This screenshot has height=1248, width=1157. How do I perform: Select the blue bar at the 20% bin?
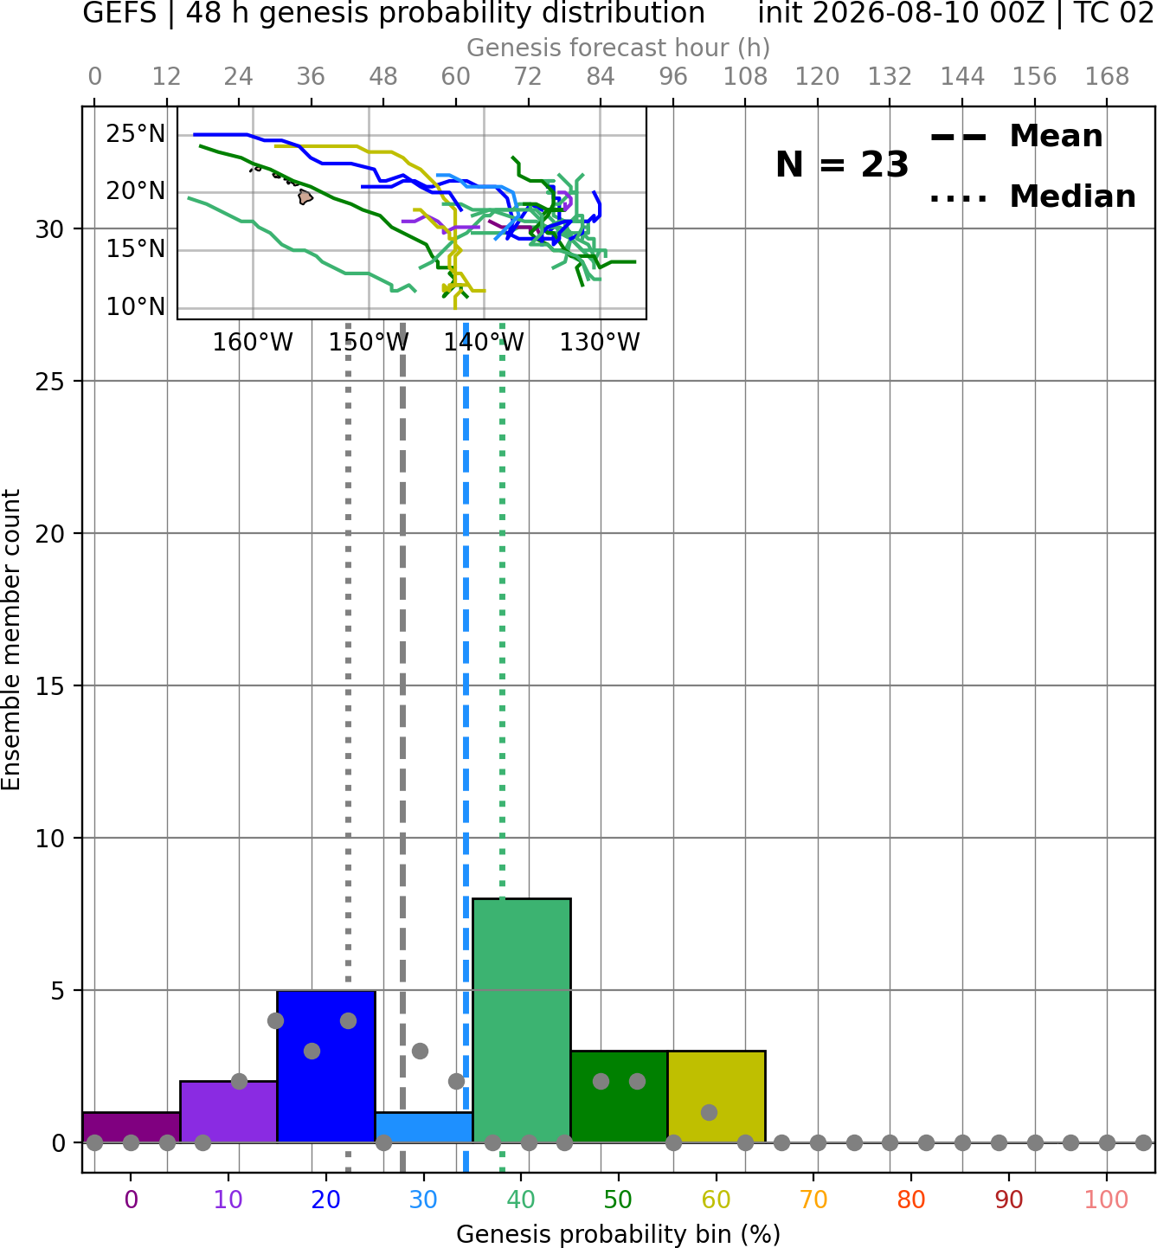pyautogui.click(x=326, y=1066)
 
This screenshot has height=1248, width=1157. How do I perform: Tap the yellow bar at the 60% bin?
pyautogui.click(x=717, y=1097)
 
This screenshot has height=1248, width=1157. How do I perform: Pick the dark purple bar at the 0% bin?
pyautogui.click(x=132, y=1127)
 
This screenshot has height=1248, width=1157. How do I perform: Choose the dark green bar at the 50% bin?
pyautogui.click(x=619, y=1097)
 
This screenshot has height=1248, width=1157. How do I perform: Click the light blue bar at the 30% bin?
pyautogui.click(x=424, y=1127)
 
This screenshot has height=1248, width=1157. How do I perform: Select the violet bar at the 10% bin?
pyautogui.click(x=228, y=1111)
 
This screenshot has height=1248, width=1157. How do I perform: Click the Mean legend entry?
pyautogui.click(x=1016, y=137)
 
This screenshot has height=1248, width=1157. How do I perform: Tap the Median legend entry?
pyautogui.click(x=1032, y=196)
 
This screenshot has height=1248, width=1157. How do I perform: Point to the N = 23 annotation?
pyautogui.click(x=842, y=164)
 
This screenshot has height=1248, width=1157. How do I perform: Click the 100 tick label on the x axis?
pyautogui.click(x=1106, y=1200)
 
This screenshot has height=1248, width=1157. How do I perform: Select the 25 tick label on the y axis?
pyautogui.click(x=50, y=382)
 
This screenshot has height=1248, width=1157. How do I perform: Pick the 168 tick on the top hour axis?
pyautogui.click(x=1107, y=77)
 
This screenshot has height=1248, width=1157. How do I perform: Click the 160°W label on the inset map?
pyautogui.click(x=253, y=343)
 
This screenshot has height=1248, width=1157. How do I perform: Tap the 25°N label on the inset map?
pyautogui.click(x=136, y=134)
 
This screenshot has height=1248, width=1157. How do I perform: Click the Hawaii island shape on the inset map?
pyautogui.click(x=305, y=196)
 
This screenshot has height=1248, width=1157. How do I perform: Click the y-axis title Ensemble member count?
pyautogui.click(x=10, y=640)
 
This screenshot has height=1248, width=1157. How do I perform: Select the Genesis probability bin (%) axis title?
pyautogui.click(x=619, y=1234)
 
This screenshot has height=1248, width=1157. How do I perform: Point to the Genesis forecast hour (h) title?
pyautogui.click(x=619, y=48)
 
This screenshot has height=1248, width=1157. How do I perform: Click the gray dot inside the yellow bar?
pyautogui.click(x=709, y=1112)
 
